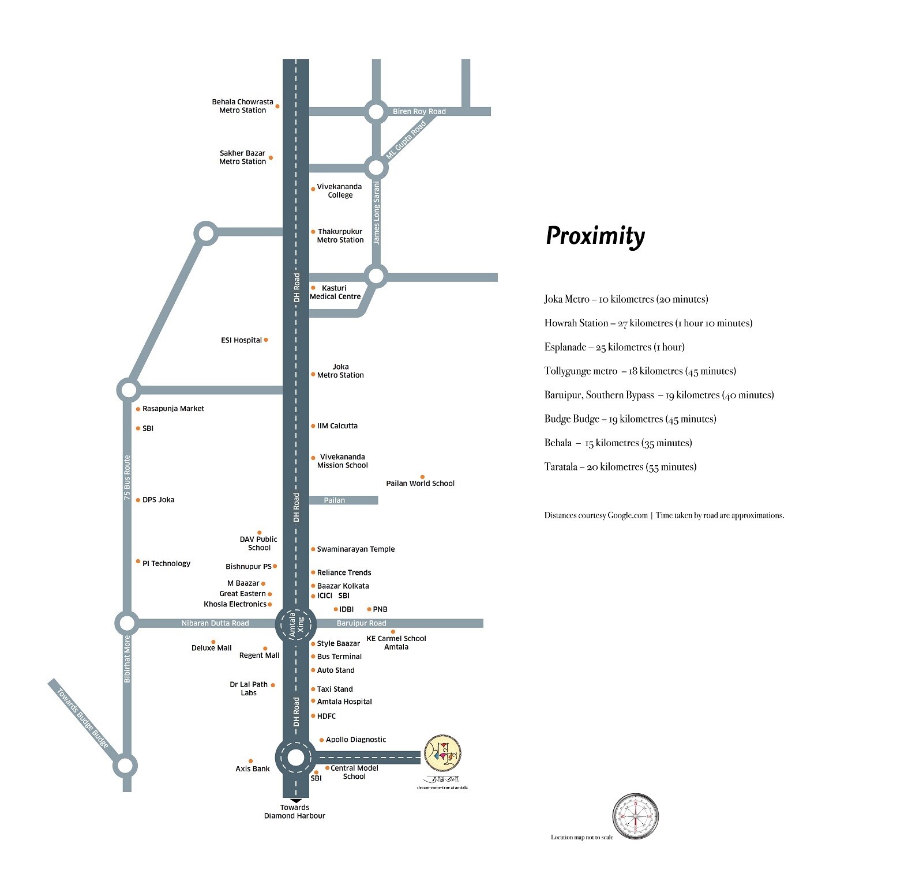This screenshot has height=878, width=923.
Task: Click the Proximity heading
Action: pyautogui.click(x=595, y=236)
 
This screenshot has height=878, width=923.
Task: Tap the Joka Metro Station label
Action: pyautogui.click(x=340, y=371)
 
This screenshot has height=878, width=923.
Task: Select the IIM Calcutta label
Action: pyautogui.click(x=337, y=426)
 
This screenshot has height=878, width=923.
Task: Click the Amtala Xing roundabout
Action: pyautogui.click(x=295, y=624)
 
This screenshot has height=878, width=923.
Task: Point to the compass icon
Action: pyautogui.click(x=635, y=816)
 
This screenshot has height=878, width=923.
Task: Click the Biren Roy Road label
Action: pyautogui.click(x=419, y=111)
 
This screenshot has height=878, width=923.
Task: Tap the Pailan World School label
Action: pyautogui.click(x=420, y=483)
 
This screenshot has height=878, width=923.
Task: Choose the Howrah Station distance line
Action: pyautogui.click(x=648, y=323)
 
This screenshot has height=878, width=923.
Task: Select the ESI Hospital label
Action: pyautogui.click(x=241, y=340)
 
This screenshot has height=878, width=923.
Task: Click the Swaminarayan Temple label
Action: pyautogui.click(x=356, y=549)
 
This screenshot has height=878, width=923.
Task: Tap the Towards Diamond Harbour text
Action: pyautogui.click(x=295, y=811)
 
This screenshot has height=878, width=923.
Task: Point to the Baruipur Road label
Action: pyautogui.click(x=361, y=623)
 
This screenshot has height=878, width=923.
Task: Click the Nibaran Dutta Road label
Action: pyautogui.click(x=215, y=623)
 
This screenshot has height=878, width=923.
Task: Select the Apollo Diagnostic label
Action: pyautogui.click(x=356, y=740)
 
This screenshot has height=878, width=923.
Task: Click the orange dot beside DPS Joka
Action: pyautogui.click(x=138, y=500)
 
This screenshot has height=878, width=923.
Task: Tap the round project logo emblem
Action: pyautogui.click(x=442, y=752)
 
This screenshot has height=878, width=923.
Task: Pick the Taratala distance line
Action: pyautogui.click(x=620, y=467)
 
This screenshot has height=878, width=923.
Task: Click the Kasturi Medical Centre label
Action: pyautogui.click(x=335, y=292)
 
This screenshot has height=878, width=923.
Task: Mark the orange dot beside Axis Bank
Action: pyautogui.click(x=250, y=761)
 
